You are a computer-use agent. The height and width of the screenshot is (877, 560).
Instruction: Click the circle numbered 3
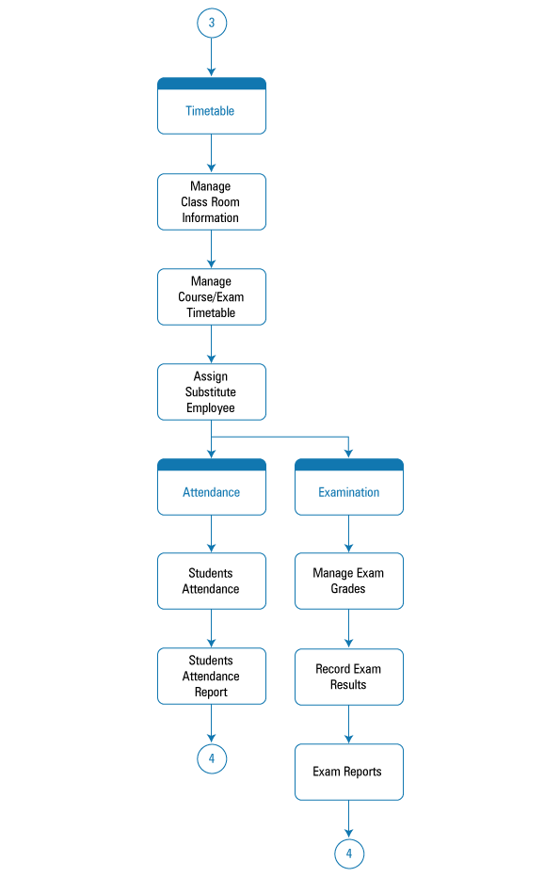[x=212, y=23]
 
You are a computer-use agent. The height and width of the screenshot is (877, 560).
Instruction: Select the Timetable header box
[x=212, y=105]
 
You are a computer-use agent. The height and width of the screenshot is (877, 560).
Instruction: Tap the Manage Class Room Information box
[x=212, y=202]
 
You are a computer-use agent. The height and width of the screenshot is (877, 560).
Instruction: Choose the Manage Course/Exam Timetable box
[x=212, y=297]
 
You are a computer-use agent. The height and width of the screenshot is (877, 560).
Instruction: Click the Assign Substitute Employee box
[x=212, y=392]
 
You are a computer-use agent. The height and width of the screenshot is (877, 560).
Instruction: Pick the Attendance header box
[x=212, y=487]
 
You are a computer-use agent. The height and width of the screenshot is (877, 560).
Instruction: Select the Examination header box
[x=349, y=487]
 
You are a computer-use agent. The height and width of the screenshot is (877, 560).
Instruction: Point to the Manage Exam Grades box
[x=349, y=582]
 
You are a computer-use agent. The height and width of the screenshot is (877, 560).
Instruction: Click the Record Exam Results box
[x=349, y=677]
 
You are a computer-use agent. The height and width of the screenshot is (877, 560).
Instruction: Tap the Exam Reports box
[x=349, y=772]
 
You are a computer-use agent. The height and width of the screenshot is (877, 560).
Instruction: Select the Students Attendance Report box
[x=212, y=677]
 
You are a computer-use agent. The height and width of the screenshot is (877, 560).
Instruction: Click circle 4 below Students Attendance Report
[x=212, y=759]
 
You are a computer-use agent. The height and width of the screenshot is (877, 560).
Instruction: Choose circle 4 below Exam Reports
[x=349, y=854]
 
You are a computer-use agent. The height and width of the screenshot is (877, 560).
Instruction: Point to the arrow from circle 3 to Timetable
[x=212, y=57]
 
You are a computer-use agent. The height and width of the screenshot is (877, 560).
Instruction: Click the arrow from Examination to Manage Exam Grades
[x=349, y=534]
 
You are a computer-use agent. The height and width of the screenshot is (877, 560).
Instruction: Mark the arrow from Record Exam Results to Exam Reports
[x=349, y=725]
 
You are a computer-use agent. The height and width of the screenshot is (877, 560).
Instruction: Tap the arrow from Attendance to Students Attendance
[x=212, y=534]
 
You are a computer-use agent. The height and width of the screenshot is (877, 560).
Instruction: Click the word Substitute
[x=210, y=392]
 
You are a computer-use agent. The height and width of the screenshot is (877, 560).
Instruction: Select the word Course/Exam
[x=211, y=297]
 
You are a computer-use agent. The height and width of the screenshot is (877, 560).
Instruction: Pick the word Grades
[x=348, y=589]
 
